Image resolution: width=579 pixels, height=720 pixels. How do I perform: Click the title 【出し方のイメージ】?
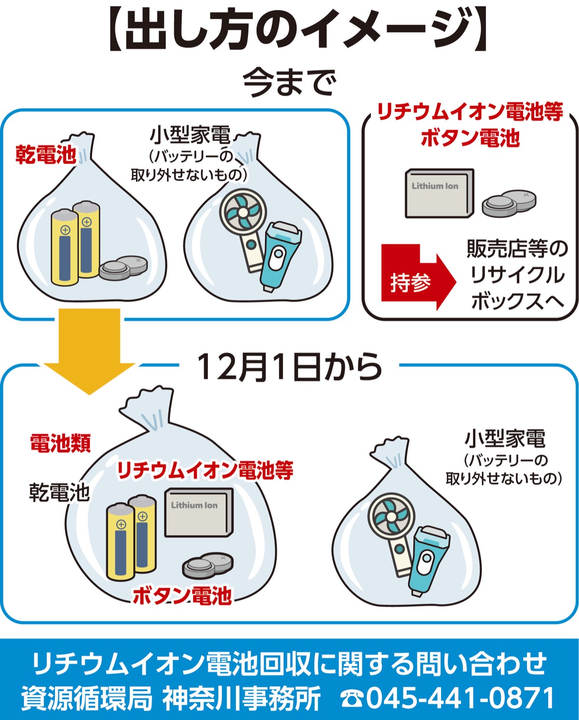(x=289, y=30)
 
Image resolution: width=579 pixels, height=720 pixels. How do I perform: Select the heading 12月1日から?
(x=289, y=367)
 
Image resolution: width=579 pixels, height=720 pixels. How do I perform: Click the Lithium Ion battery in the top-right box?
(x=438, y=193)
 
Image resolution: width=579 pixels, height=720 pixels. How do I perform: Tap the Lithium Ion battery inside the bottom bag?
(x=198, y=513)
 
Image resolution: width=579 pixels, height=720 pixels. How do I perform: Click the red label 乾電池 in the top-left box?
(x=46, y=155)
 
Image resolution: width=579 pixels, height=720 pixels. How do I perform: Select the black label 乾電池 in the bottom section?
(x=59, y=492)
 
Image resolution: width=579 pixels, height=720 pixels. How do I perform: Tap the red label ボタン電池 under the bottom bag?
(x=182, y=596)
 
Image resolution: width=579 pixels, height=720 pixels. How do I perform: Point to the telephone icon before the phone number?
(x=352, y=698)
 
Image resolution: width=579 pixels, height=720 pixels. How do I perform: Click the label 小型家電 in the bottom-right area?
(x=505, y=439)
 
